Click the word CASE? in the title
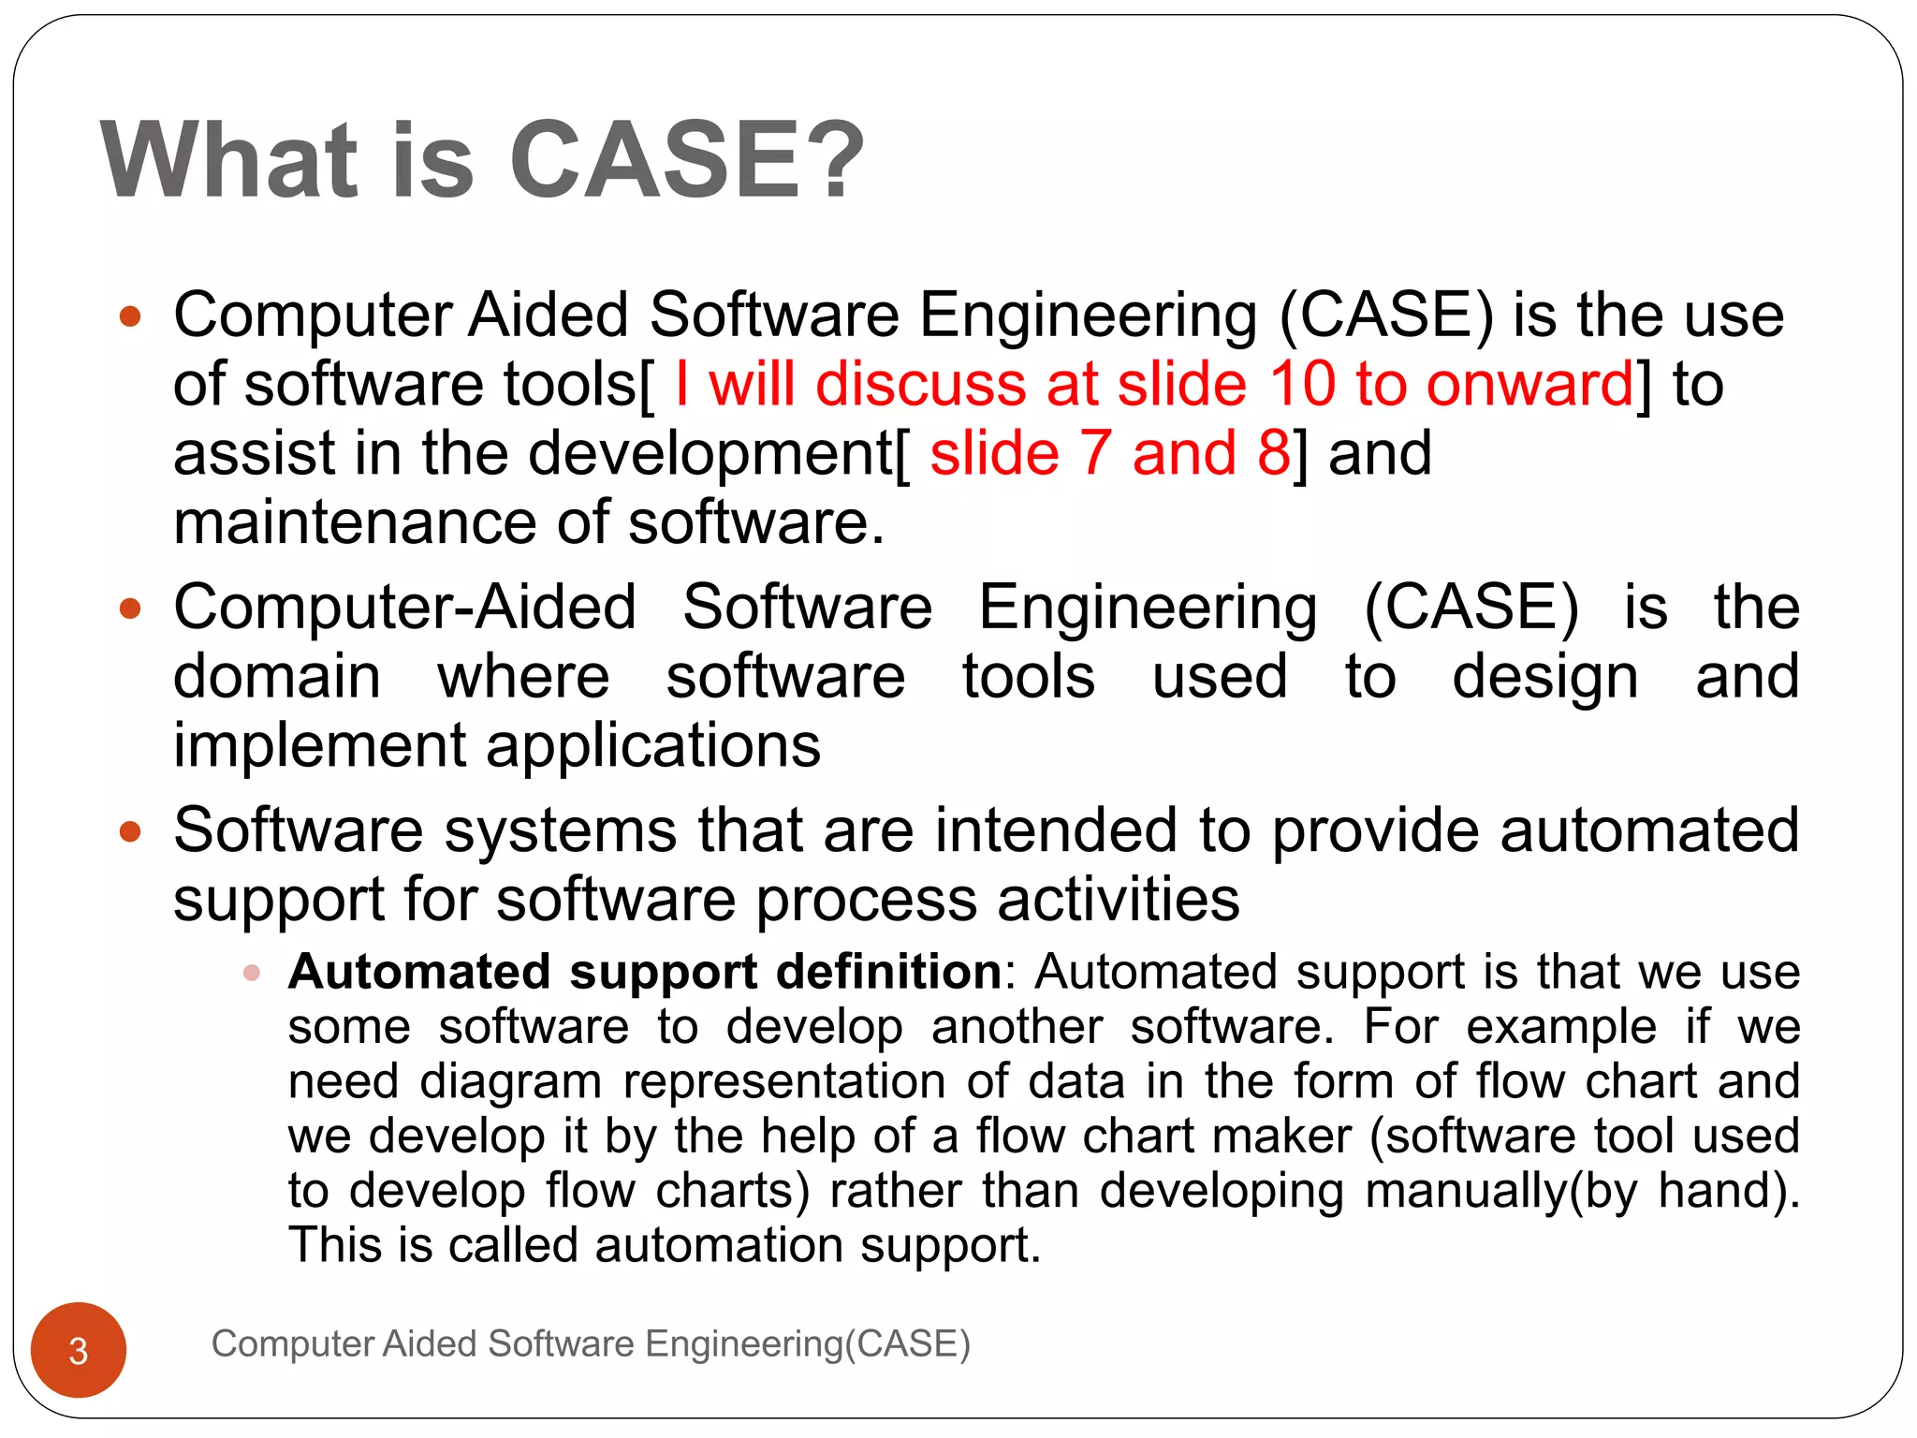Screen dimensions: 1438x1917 [686, 161]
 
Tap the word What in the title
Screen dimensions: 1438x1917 [230, 161]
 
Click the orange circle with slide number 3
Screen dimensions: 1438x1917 [79, 1350]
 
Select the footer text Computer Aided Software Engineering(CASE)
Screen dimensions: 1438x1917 [591, 1343]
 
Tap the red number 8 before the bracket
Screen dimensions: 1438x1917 [1274, 453]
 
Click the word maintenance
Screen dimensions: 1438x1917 [355, 522]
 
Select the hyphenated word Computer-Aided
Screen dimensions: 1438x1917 [404, 608]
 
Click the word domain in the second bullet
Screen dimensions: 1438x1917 [277, 676]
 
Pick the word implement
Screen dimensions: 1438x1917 [319, 746]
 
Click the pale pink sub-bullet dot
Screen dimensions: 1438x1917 [251, 973]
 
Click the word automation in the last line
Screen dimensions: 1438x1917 [717, 1246]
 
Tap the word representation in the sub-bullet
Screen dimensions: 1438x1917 [784, 1081]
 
